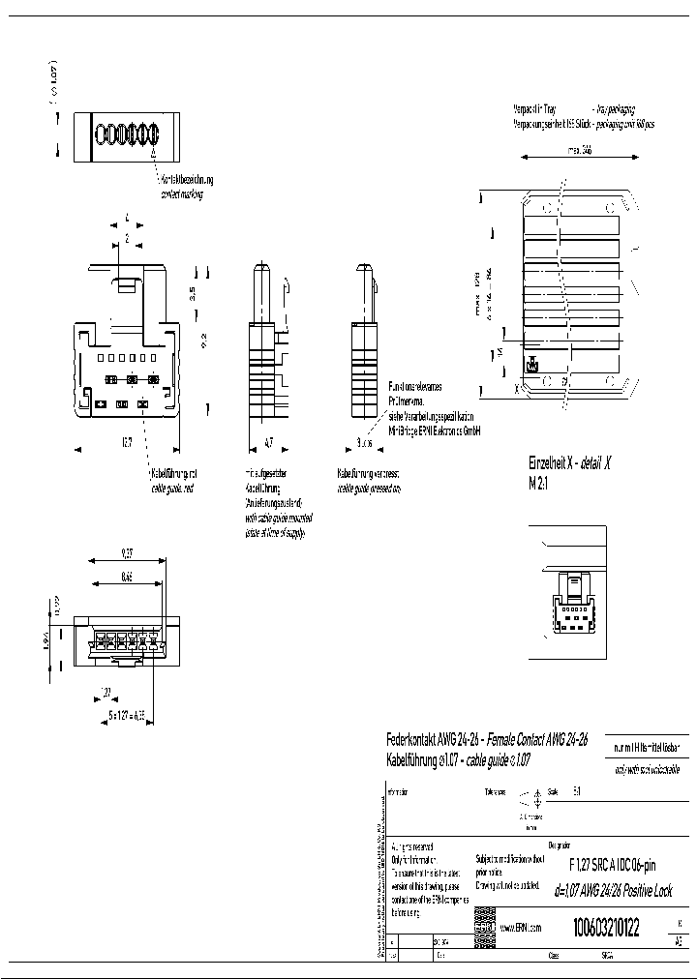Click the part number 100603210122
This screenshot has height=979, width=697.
[x=607, y=928]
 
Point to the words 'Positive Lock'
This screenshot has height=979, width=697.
[x=643, y=891]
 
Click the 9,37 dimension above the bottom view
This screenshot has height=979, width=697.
[x=128, y=554]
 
